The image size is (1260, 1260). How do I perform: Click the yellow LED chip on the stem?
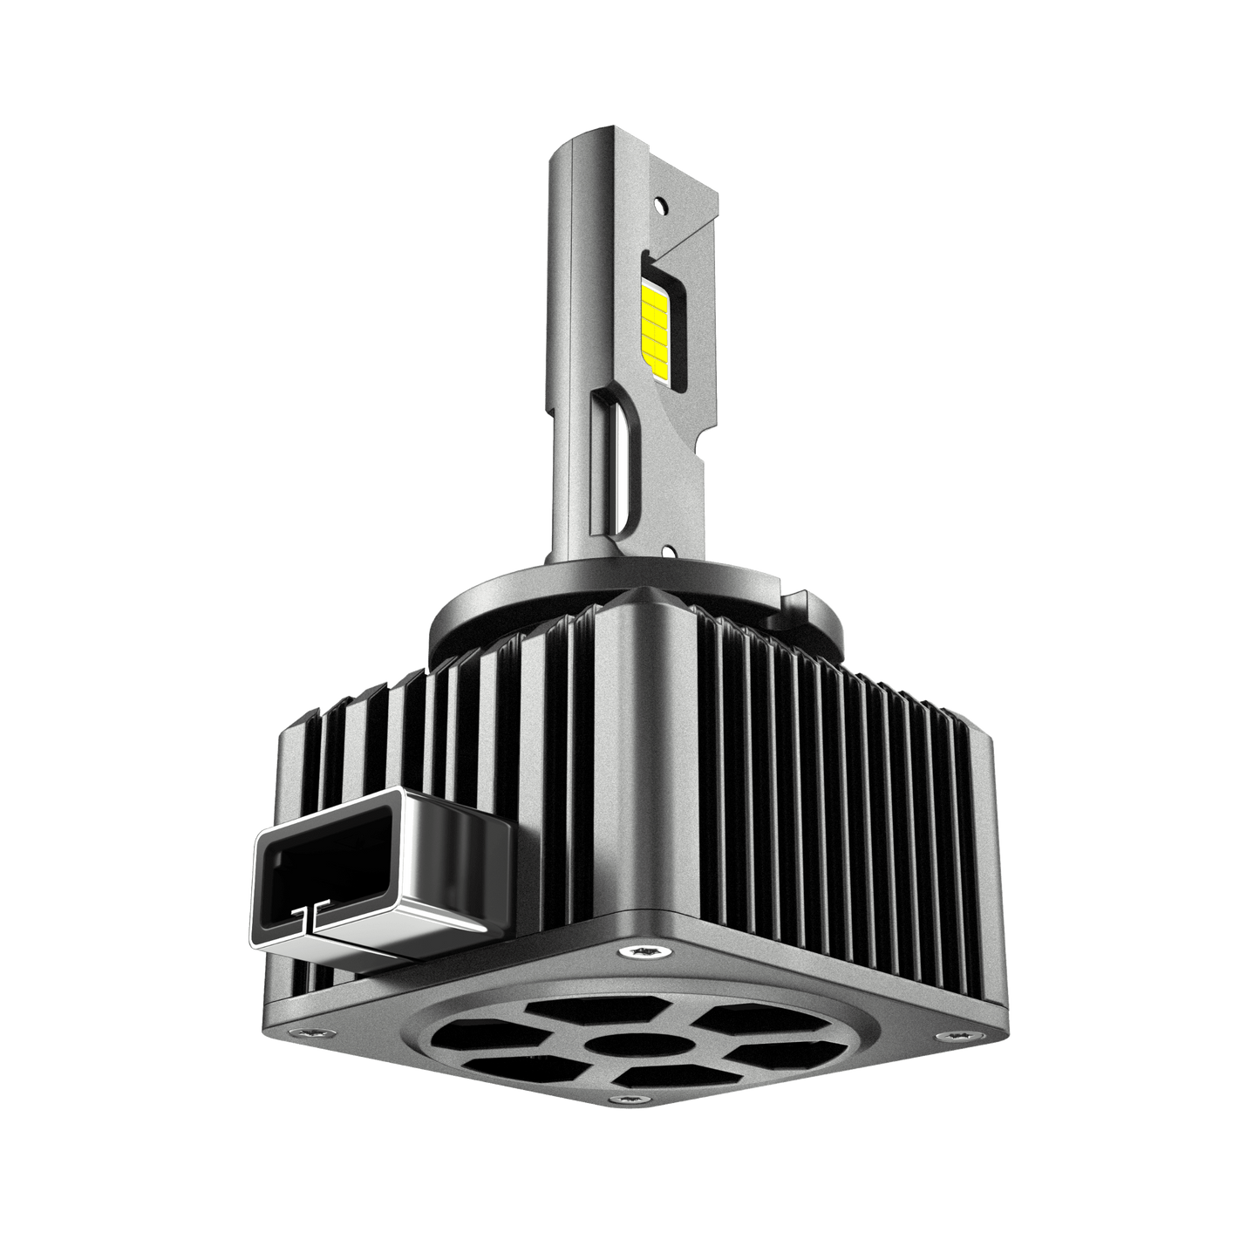654,323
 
